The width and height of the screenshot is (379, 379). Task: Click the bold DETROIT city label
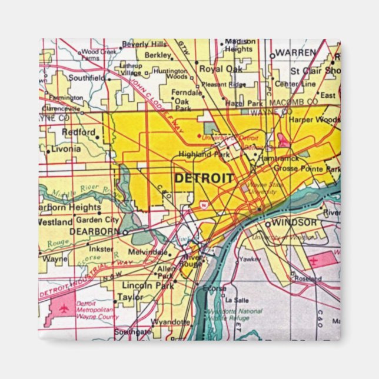pyautogui.click(x=203, y=178)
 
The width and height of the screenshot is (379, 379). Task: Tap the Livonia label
pyautogui.click(x=66, y=149)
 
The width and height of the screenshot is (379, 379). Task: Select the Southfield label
pyautogui.click(x=87, y=78)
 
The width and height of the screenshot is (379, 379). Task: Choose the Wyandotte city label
pyautogui.click(x=171, y=322)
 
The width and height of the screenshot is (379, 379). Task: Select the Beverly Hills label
pyautogui.click(x=145, y=45)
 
